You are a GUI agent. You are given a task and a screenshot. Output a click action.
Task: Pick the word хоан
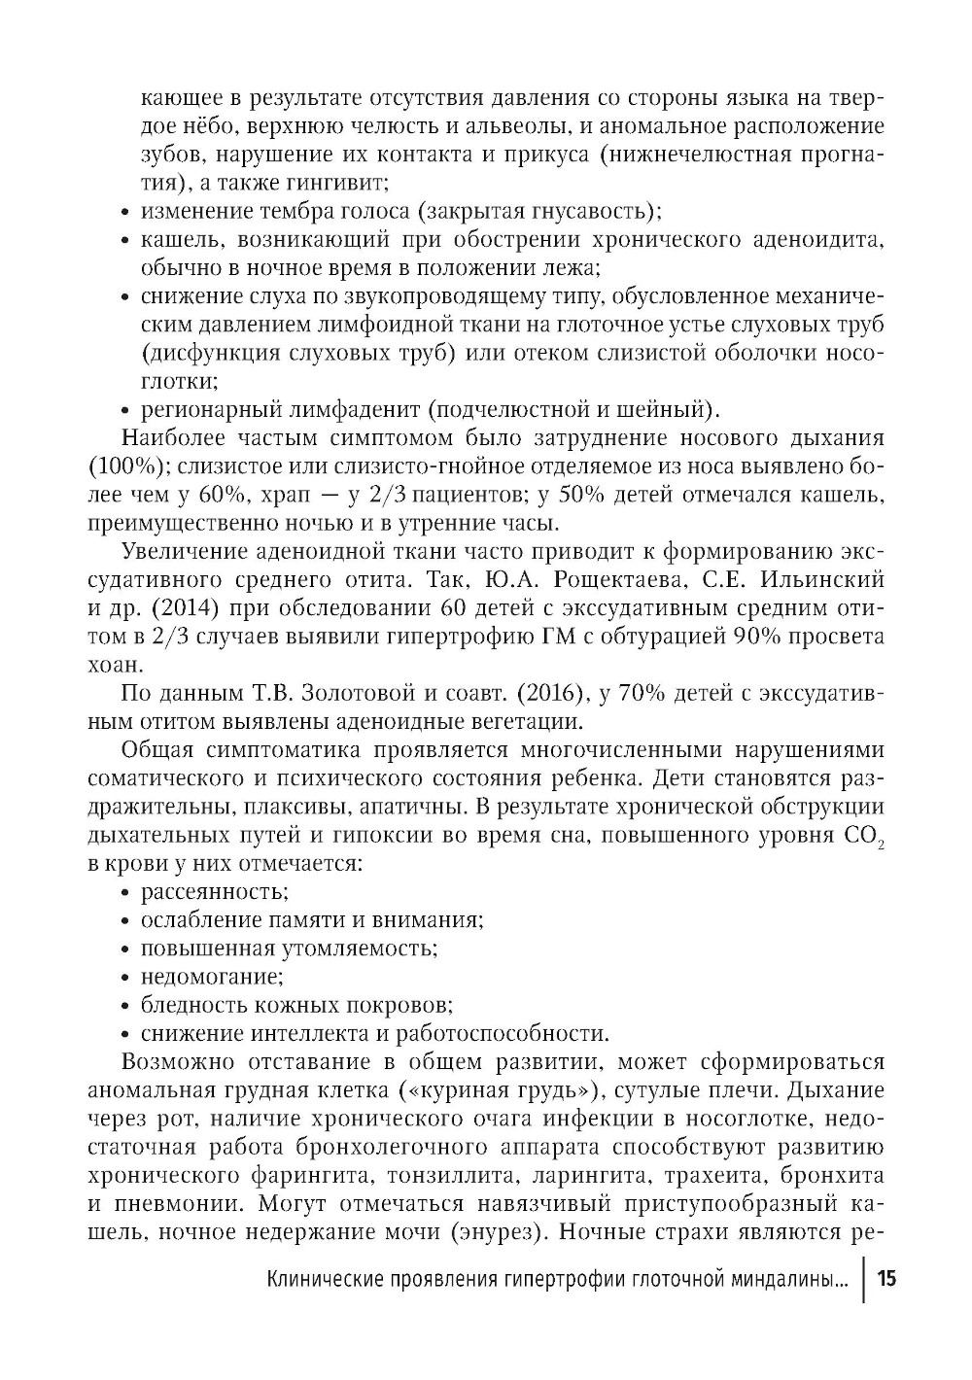pos(116,666)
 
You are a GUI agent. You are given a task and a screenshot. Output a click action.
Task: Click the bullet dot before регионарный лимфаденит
pos(126,409)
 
